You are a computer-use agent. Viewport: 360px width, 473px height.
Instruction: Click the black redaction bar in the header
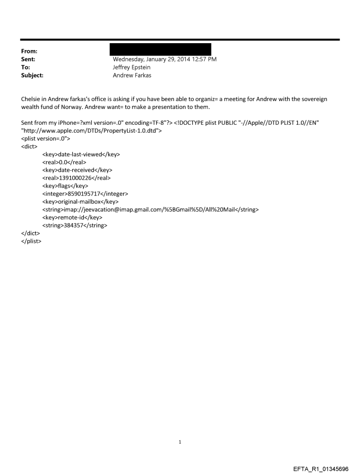click(160, 49)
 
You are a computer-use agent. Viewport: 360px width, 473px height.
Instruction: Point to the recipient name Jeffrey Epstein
click(132, 67)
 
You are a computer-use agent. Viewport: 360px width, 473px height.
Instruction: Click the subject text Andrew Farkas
click(131, 75)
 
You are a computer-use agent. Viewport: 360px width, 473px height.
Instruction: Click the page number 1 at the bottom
click(180, 442)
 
